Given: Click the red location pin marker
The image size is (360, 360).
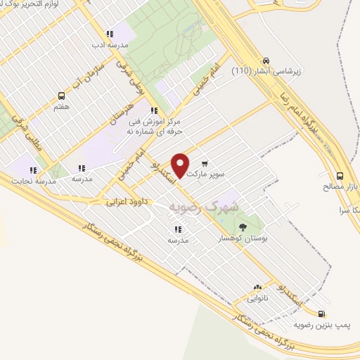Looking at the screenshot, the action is coord(181,165).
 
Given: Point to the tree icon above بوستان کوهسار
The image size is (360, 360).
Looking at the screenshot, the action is coord(243,226).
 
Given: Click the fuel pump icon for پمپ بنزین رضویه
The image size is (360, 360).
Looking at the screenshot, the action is coord(321,314).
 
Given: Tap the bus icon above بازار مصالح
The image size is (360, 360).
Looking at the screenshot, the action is coord(340,176).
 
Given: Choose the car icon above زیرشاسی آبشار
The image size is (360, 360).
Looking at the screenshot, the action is coord(266,60).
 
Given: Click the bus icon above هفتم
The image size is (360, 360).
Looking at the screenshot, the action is coord(61,96).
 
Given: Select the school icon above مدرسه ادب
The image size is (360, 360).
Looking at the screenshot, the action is coord(109,34).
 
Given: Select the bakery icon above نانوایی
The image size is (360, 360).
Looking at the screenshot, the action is coord(257,287).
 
